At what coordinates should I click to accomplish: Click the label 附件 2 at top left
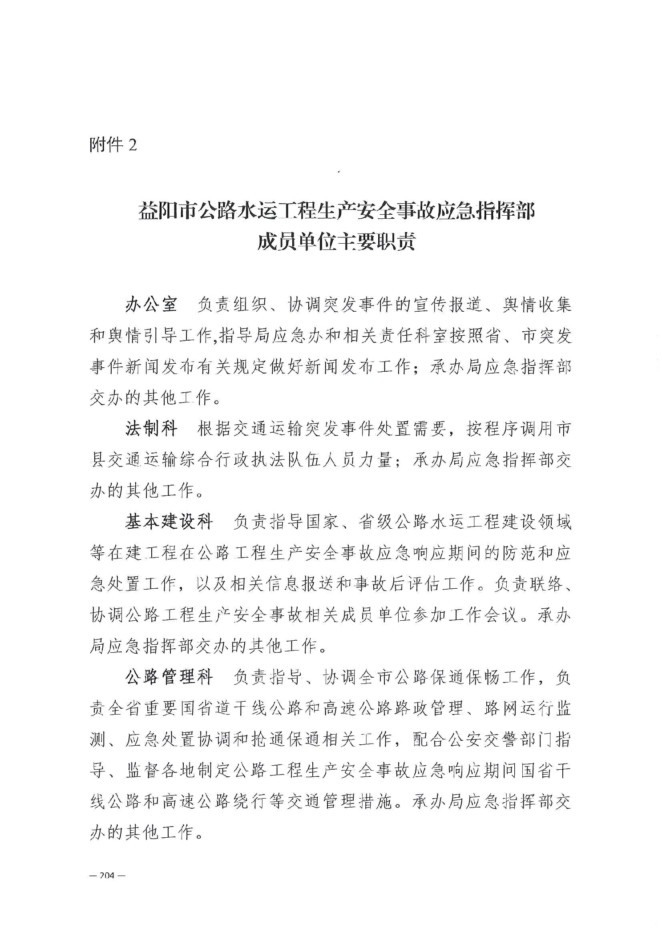pos(113,145)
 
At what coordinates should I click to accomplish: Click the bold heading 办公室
pos(151,305)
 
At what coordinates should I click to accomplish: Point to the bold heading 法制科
pos(151,429)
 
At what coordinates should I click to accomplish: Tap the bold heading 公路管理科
pos(169,678)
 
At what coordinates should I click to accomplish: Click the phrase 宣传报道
pos(448,305)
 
